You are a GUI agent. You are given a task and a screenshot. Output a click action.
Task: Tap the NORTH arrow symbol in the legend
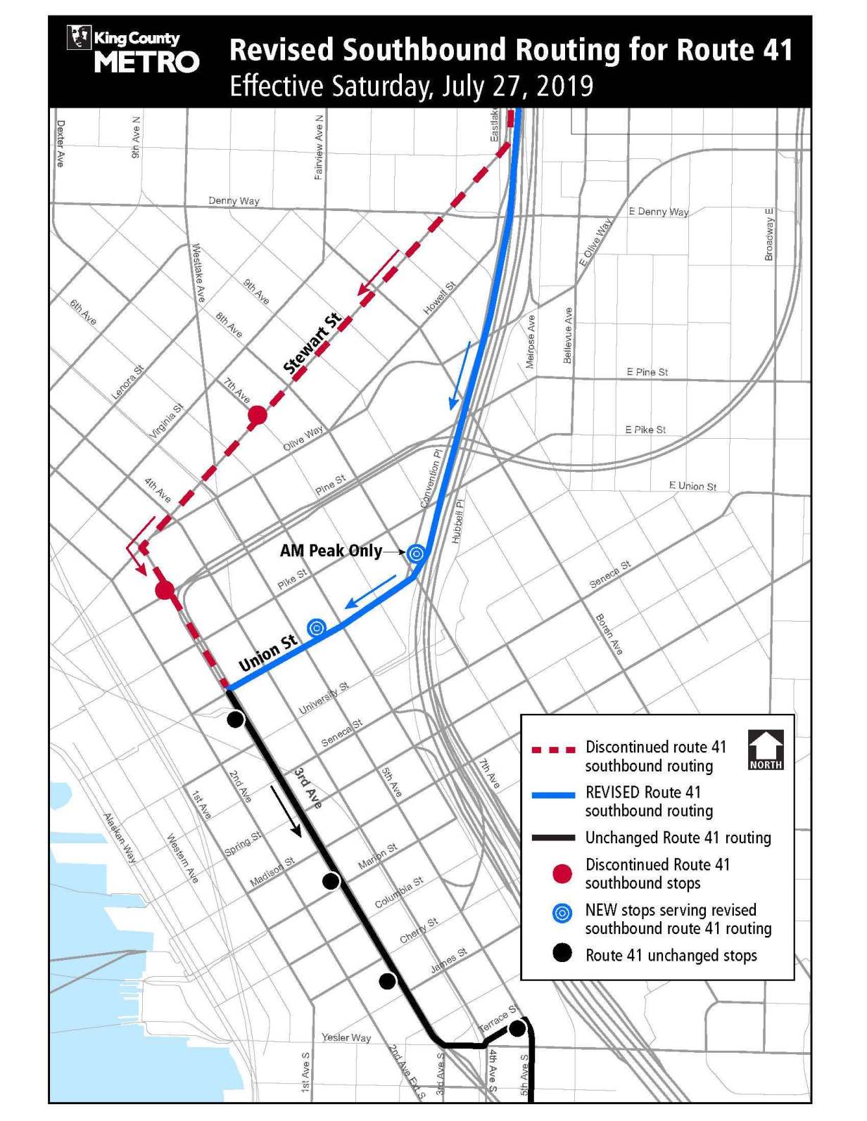pos(765,750)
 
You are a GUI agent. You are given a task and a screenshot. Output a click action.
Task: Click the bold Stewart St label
pos(312,344)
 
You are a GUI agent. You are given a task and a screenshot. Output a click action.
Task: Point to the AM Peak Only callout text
pos(331,551)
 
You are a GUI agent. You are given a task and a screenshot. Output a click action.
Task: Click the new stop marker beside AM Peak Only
pos(416,553)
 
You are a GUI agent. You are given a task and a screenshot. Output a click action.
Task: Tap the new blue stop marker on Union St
pos(317,627)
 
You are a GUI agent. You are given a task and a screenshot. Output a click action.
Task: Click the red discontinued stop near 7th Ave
pos(258,415)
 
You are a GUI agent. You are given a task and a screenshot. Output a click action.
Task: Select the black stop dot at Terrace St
pos(517,1028)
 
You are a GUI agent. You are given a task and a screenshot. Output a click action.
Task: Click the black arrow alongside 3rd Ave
pos(286,811)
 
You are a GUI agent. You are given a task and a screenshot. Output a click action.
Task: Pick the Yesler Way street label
pos(346,1037)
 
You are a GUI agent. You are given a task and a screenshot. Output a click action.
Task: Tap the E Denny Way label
pos(659,212)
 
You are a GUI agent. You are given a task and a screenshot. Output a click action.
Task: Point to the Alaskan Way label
pos(120,838)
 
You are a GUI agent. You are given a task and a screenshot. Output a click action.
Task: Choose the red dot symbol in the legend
pos(562,874)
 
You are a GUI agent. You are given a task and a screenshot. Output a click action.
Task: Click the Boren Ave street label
pos(609,634)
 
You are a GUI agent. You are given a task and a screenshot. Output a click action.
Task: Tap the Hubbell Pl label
pos(458,522)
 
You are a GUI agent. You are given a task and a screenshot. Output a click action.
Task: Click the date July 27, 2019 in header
pos(517,87)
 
